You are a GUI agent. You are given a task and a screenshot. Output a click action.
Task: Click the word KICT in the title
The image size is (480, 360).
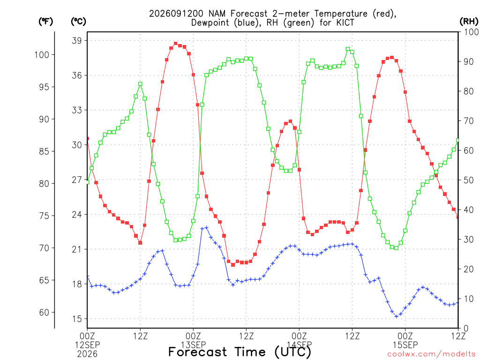point(345,22)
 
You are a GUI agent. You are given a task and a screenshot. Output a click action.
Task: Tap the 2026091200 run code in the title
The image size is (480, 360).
point(176,14)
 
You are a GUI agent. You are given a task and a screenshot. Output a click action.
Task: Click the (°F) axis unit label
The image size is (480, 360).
point(45,22)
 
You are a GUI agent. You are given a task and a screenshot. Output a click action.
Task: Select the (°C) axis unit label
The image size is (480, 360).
point(78,22)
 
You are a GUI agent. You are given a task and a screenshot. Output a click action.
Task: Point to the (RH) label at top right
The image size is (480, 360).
point(469,22)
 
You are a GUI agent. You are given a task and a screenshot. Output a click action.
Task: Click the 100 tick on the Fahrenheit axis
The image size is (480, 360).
point(42,55)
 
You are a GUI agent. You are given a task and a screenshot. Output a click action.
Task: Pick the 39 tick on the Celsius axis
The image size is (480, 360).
point(77,40)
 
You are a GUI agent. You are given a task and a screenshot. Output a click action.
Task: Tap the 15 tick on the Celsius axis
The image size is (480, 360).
point(77,319)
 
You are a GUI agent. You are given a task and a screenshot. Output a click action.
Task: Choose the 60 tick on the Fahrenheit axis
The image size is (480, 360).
point(45,312)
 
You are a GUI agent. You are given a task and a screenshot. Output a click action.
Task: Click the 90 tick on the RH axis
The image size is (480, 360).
point(468,61)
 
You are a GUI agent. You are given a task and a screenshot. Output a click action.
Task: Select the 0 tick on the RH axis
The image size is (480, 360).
point(466,329)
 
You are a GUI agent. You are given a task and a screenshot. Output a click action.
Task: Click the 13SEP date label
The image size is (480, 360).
point(193,345)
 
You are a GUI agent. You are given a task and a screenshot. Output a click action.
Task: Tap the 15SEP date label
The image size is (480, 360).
point(405,345)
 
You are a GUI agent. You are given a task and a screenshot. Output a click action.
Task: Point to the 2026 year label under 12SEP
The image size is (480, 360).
point(87,354)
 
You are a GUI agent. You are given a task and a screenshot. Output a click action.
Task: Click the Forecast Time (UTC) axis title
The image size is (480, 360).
point(240,352)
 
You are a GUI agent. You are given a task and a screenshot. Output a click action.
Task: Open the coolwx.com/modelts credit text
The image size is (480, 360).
point(431,354)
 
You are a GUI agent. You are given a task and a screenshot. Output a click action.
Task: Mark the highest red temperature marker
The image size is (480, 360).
point(175,44)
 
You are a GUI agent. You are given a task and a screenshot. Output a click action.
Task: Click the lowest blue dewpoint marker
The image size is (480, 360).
point(397,316)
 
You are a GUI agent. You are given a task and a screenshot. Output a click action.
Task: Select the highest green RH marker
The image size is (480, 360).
point(348,49)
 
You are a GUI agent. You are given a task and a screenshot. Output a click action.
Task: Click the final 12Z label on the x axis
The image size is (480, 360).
point(458,336)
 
